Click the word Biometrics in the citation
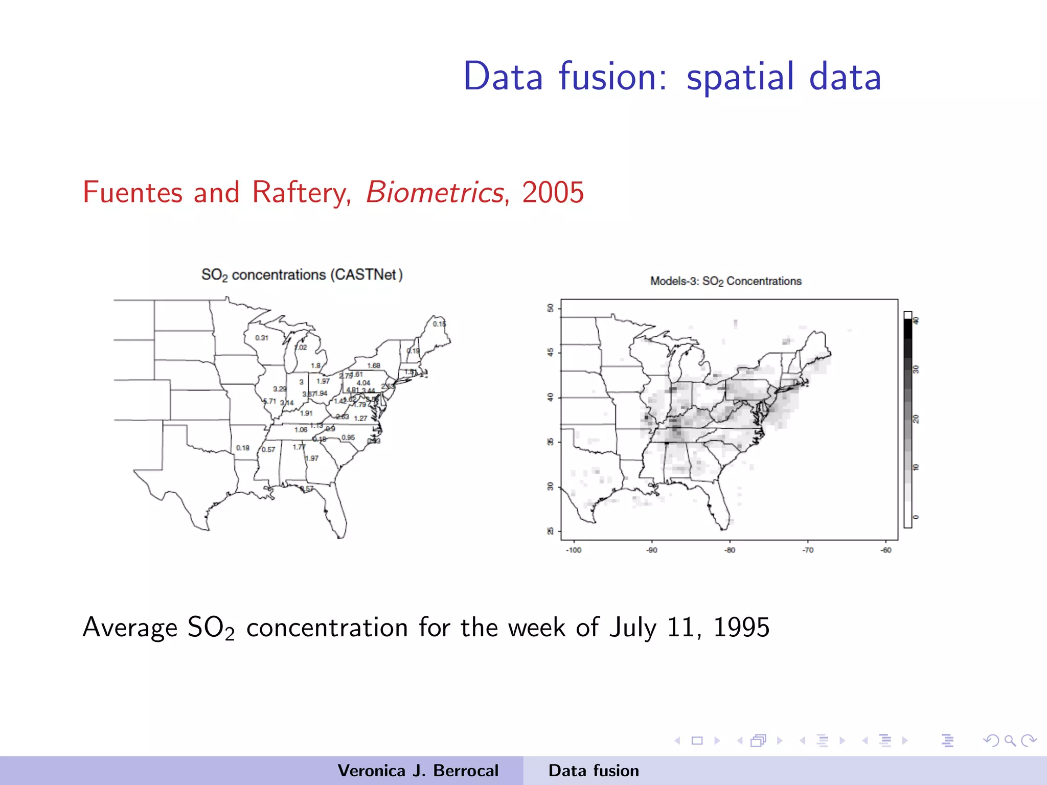pos(435,193)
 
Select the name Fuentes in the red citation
pos(132,193)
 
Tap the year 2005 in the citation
pos(553,193)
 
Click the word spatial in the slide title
pos(740,77)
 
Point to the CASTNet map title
pos(302,275)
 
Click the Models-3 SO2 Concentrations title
pos(725,281)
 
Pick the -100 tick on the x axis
pos(574,550)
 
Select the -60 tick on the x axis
pos(886,550)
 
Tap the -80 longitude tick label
pos(730,550)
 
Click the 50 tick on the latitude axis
pos(551,308)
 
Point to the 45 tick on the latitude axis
pos(551,353)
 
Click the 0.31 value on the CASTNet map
pos(262,338)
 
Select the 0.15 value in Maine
pos(439,324)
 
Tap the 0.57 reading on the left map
pos(268,450)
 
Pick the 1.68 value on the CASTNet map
pos(374,365)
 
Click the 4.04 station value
pos(363,383)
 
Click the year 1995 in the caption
pos(741,628)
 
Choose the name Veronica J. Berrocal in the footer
pos(418,771)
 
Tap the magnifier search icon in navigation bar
pos(1010,741)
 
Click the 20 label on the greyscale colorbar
pos(916,419)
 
